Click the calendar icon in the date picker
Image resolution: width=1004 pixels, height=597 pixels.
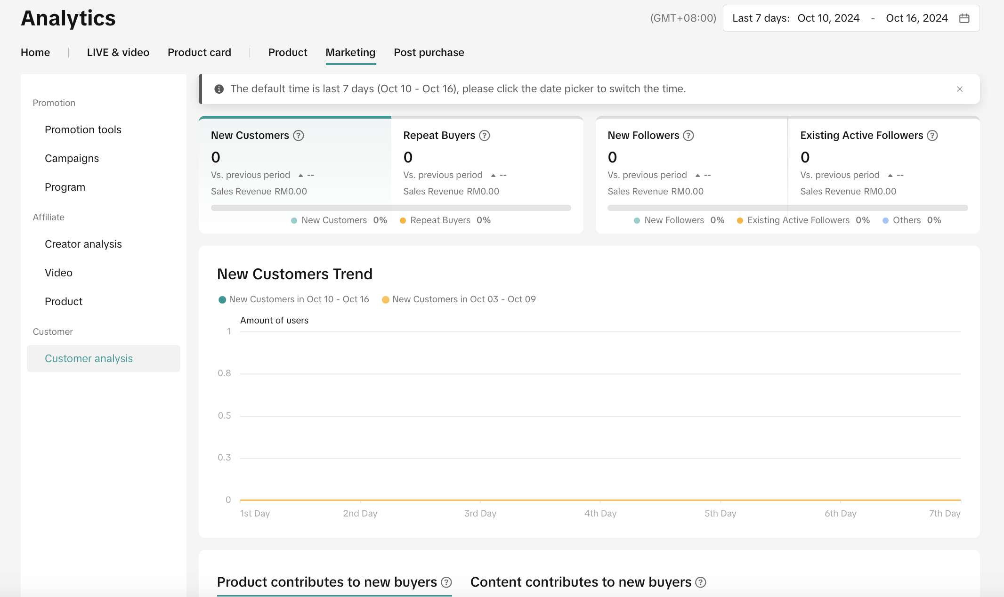click(x=964, y=18)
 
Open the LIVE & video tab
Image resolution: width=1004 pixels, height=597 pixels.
click(x=118, y=52)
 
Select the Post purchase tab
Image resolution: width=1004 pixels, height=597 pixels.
click(x=429, y=52)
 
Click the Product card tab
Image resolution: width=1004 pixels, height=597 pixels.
click(x=199, y=52)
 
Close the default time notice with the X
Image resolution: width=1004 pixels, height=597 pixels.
click(x=960, y=89)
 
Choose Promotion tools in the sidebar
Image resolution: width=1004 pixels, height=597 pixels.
click(x=83, y=129)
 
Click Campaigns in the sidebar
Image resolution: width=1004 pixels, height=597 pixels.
click(x=72, y=158)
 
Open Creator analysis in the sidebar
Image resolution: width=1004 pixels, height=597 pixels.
click(x=83, y=244)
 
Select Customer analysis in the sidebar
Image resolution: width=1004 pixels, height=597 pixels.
click(x=89, y=358)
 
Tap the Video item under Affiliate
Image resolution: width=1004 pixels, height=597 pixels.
click(x=58, y=273)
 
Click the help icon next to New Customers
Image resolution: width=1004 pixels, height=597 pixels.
click(x=299, y=136)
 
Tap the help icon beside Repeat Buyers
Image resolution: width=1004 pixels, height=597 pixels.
click(x=485, y=136)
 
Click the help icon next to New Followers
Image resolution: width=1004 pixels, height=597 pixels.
click(x=688, y=136)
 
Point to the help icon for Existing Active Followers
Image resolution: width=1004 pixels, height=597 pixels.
click(x=932, y=136)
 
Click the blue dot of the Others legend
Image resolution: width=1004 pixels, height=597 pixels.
click(x=885, y=220)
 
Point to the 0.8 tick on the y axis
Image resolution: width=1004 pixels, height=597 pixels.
click(x=224, y=373)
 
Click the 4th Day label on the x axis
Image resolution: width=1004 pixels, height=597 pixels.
click(x=600, y=513)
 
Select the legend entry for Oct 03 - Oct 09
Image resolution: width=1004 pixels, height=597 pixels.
click(x=459, y=299)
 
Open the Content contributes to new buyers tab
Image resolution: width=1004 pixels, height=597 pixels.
click(x=581, y=582)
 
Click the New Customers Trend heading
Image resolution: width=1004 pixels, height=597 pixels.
click(x=295, y=274)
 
